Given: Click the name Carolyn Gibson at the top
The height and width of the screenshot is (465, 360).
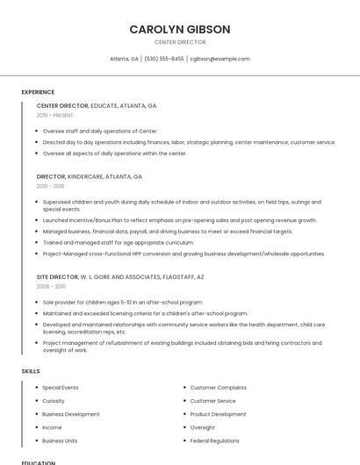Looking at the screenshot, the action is (x=180, y=29).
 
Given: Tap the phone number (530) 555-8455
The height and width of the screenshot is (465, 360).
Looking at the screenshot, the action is (x=164, y=59).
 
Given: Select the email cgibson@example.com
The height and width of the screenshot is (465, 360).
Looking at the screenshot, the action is (x=220, y=59).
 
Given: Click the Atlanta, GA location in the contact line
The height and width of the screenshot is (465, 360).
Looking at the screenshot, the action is (x=124, y=59).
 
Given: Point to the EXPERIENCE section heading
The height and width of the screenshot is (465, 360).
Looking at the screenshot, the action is (x=38, y=92).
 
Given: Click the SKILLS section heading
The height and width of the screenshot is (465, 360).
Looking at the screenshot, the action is (x=31, y=371).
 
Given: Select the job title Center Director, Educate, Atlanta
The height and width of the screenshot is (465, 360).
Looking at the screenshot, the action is (x=97, y=105).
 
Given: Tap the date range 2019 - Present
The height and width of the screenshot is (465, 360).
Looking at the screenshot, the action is (x=55, y=116).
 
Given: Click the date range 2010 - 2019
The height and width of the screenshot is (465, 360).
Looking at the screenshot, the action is (x=50, y=186).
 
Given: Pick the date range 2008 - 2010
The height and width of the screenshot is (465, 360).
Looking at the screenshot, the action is (x=51, y=286).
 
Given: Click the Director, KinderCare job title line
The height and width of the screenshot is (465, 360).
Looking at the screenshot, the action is (x=90, y=176).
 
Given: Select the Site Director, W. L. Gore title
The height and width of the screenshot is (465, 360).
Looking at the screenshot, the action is (x=120, y=276).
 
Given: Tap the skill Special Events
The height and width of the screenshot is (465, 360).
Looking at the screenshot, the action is (x=61, y=388).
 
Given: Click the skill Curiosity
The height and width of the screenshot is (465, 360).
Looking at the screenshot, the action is (x=54, y=401).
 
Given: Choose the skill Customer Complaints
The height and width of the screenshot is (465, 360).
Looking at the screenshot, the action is (x=219, y=388).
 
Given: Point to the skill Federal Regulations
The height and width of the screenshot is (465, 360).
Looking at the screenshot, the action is (x=215, y=440).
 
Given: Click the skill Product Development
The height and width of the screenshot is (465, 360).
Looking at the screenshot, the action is (x=218, y=414).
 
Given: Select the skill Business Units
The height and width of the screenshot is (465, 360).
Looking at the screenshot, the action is (x=60, y=440).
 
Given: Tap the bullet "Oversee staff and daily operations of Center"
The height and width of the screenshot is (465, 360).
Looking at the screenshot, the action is (x=100, y=131).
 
